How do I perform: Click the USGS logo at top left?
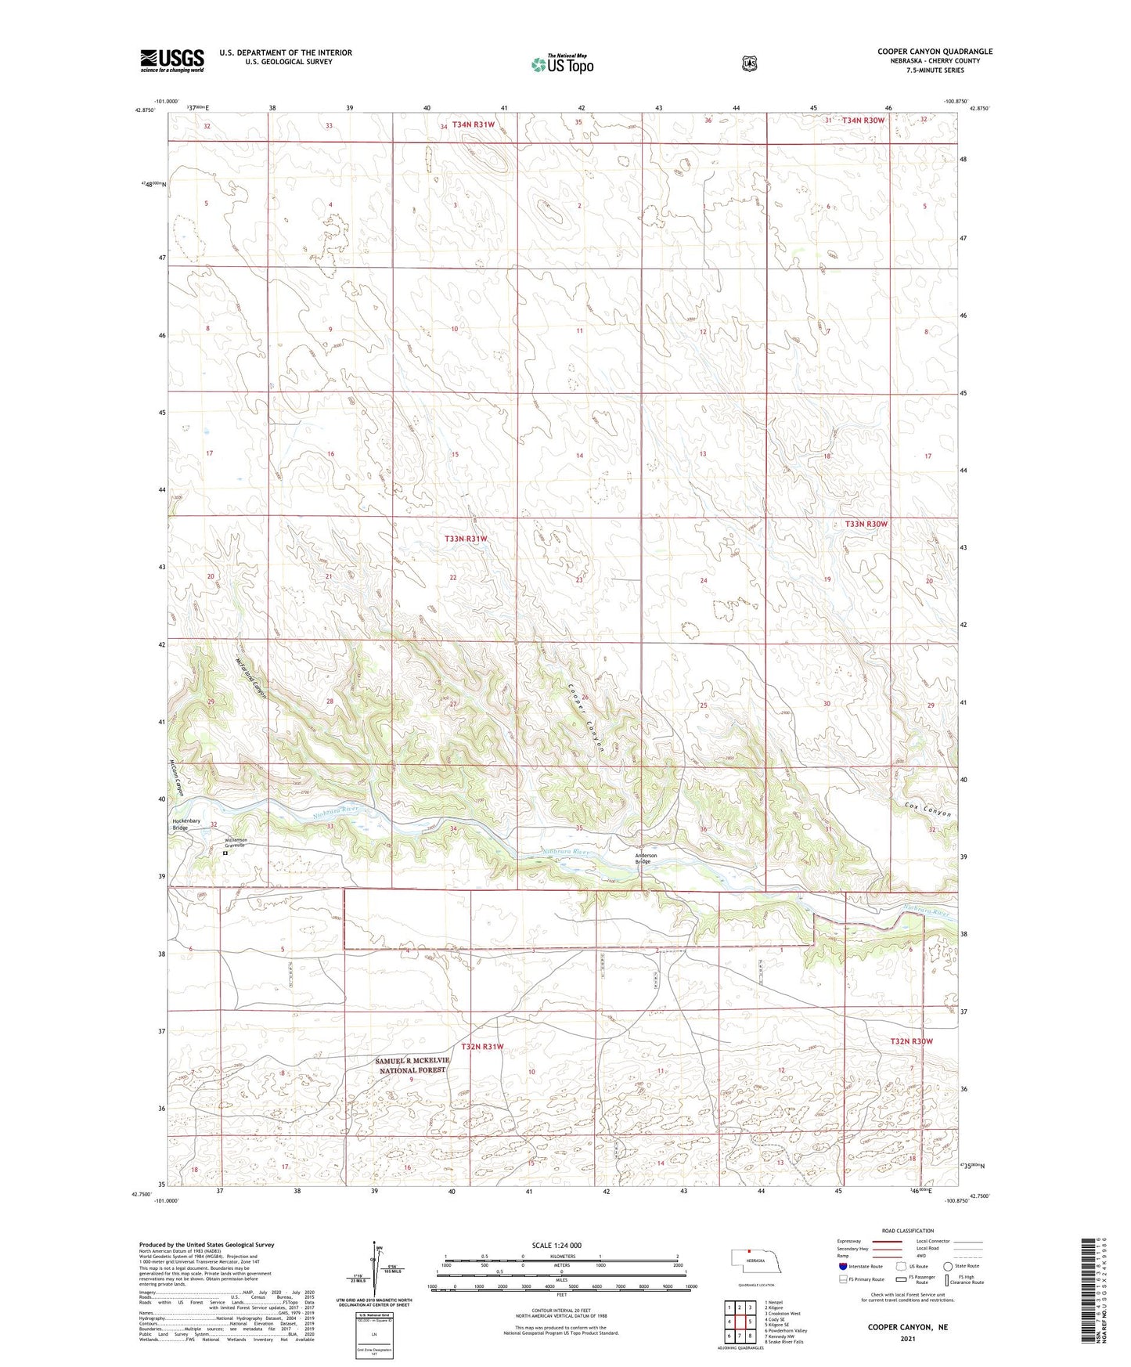pos(171,60)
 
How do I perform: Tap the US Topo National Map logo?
pos(561,64)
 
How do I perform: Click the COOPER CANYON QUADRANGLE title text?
pos(934,52)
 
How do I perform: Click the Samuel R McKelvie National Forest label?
pos(412,1065)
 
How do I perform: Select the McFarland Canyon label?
pos(250,678)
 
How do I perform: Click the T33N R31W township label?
pos(466,539)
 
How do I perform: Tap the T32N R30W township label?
pos(911,1041)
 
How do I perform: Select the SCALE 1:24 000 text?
pos(556,1245)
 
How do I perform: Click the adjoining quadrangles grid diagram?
pos(739,1322)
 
